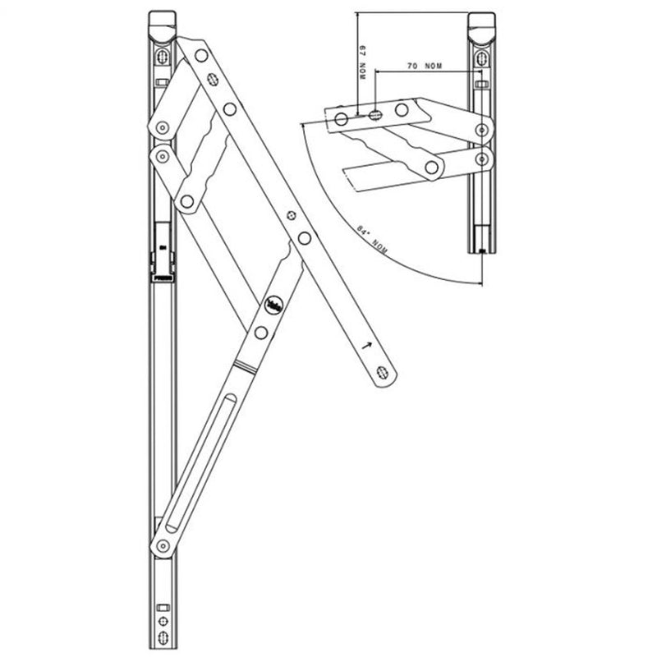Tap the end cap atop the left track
pyautogui.click(x=162, y=22)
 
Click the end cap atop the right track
pyautogui.click(x=480, y=22)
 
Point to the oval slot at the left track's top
pyautogui.click(x=163, y=58)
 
